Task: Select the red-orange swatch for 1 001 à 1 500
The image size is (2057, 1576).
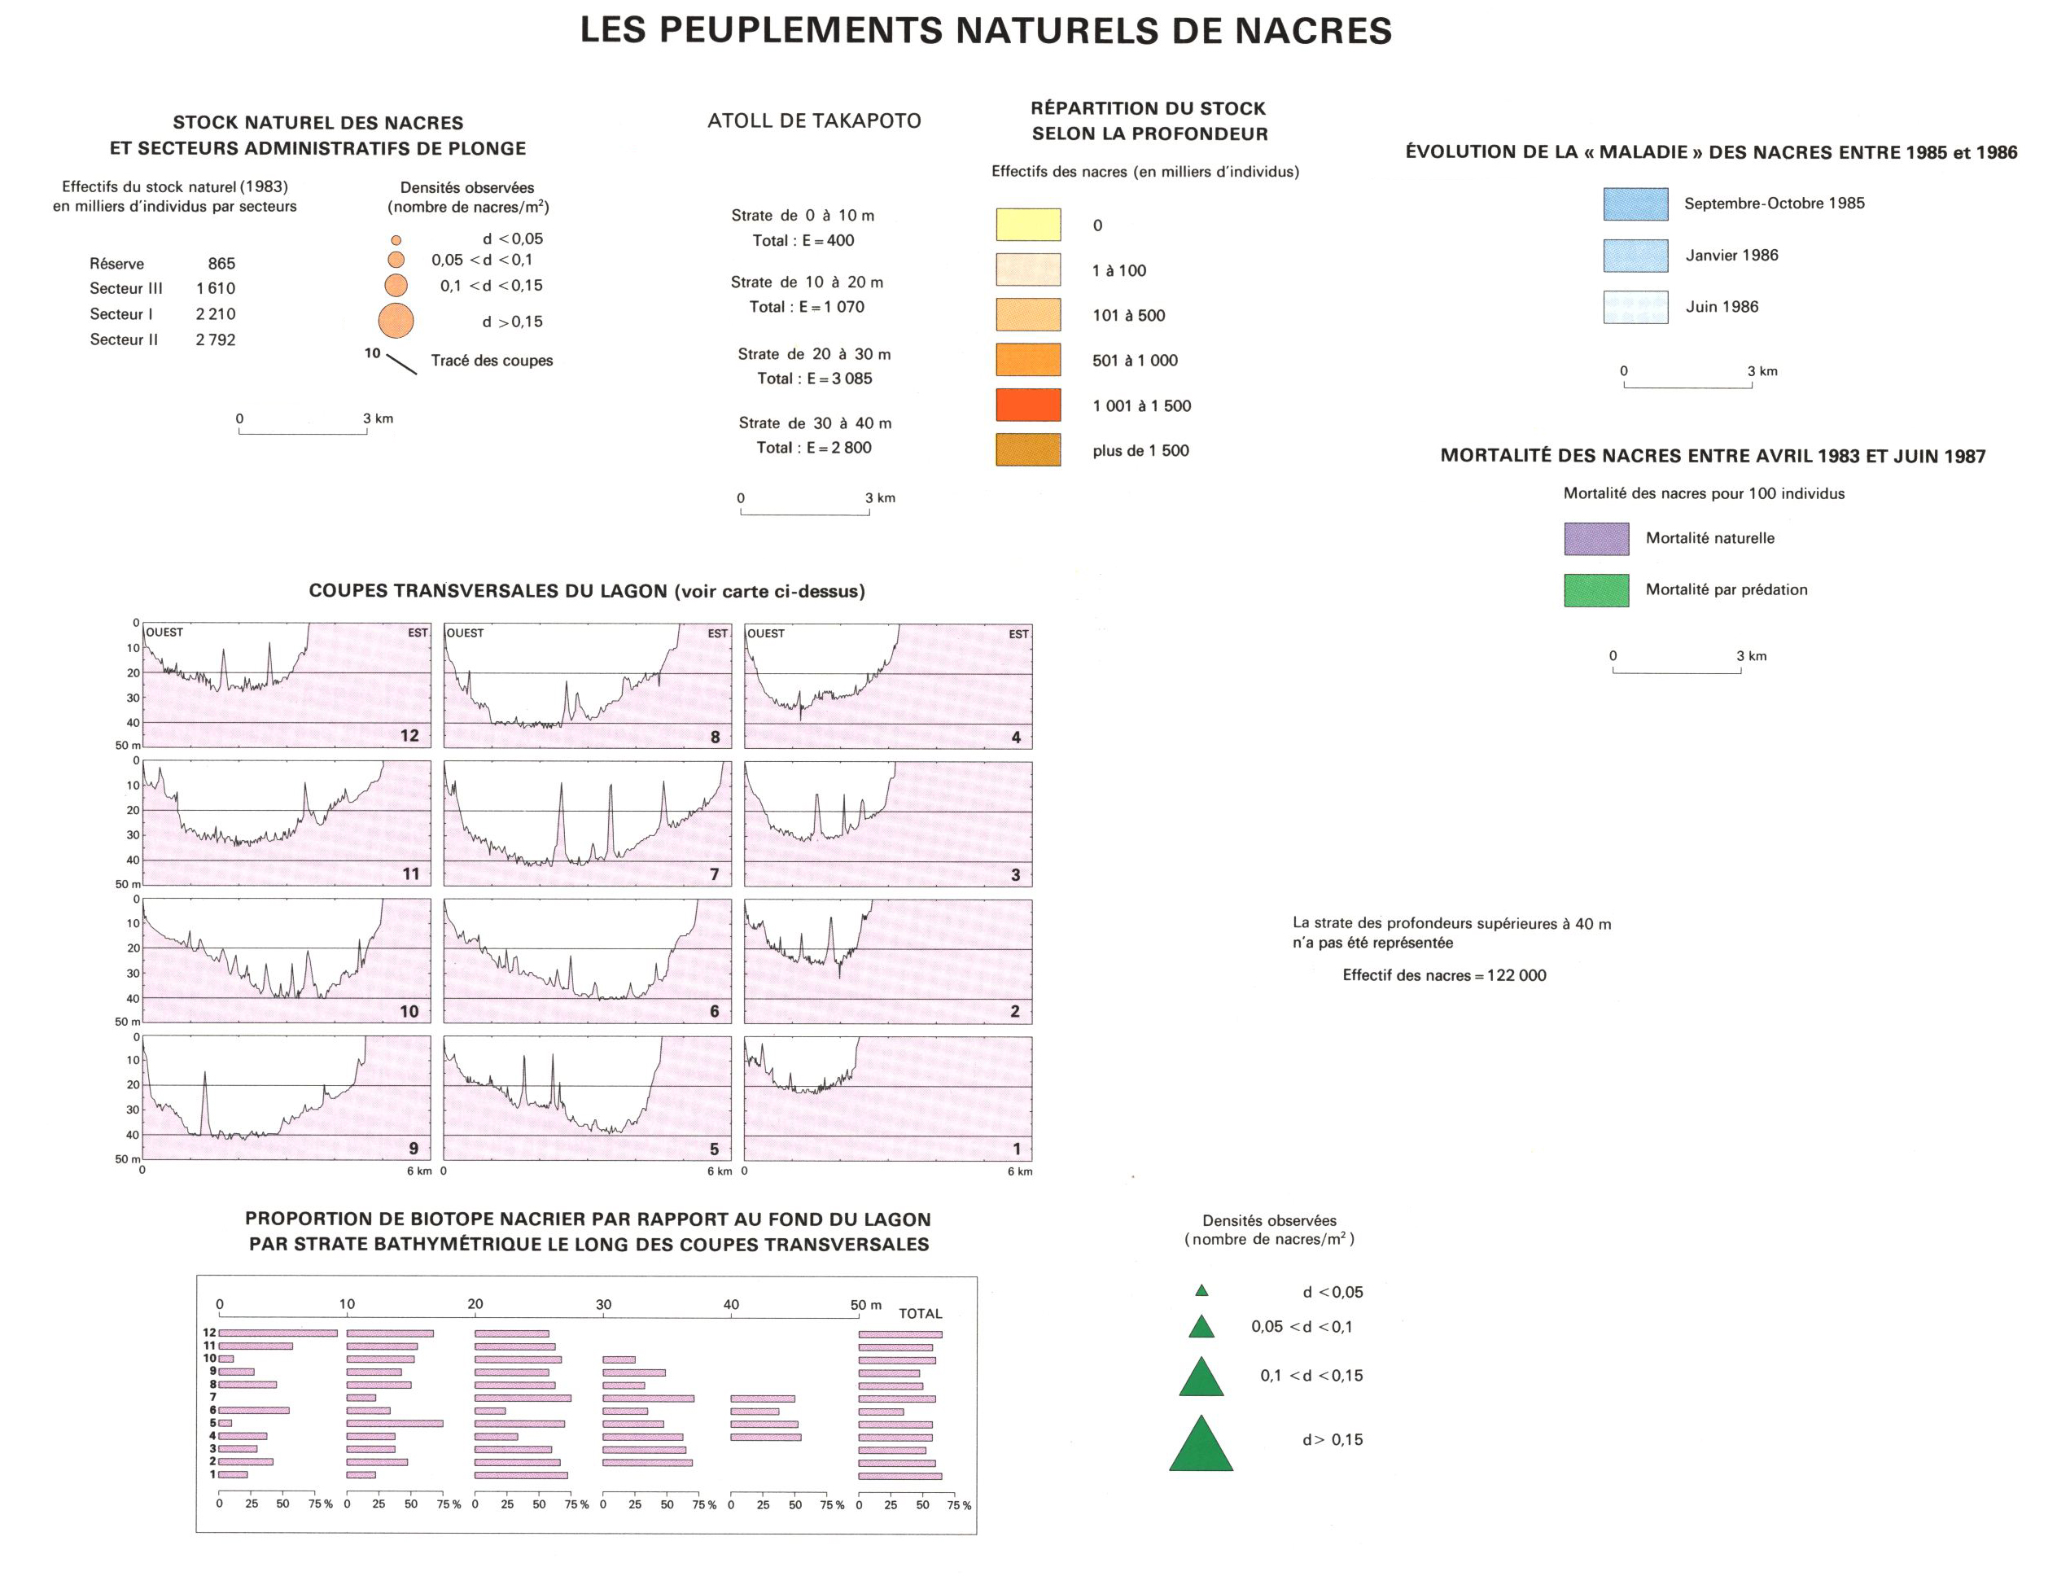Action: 1028,405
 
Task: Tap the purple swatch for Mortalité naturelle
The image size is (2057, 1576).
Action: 1595,538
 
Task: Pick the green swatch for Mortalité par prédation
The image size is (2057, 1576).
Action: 1595,590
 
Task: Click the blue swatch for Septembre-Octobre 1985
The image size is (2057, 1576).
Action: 1635,204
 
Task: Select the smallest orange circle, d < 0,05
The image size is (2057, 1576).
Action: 396,240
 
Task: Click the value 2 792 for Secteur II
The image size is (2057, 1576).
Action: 215,339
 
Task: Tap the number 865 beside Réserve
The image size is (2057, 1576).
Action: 221,264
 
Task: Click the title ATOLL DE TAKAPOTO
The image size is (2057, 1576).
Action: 813,121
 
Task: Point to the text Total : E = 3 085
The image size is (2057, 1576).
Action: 814,378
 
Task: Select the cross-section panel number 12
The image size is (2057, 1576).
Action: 409,735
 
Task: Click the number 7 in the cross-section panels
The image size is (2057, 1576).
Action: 714,874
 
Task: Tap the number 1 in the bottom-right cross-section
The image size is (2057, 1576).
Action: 1016,1149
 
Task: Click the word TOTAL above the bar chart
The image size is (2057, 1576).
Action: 919,1313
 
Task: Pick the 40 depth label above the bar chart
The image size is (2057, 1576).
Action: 731,1304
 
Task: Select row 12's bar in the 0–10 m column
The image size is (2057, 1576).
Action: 278,1333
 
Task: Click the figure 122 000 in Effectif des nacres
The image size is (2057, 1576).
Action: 1516,975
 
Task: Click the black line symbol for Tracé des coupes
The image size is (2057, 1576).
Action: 401,364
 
